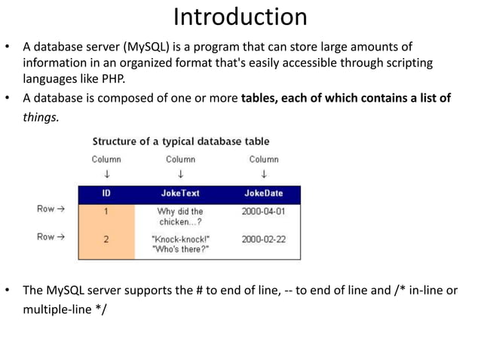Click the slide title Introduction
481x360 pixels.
click(x=240, y=17)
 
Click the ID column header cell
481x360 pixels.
click(x=106, y=194)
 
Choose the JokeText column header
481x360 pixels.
click(x=180, y=194)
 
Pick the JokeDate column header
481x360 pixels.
click(x=264, y=194)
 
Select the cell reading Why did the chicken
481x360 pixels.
click(x=180, y=217)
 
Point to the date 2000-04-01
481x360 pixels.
click(x=264, y=212)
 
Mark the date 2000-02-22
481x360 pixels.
click(x=264, y=239)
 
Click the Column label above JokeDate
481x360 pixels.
click(x=264, y=160)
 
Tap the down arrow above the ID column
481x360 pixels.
click(x=106, y=174)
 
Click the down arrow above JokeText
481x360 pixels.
click(x=180, y=174)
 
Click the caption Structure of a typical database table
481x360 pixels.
click(x=180, y=142)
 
